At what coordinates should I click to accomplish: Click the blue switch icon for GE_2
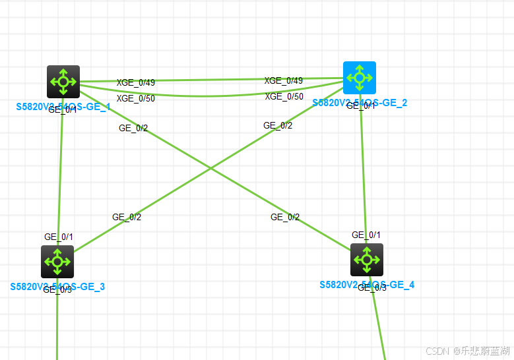click(360, 78)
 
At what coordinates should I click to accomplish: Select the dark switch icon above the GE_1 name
click(63, 82)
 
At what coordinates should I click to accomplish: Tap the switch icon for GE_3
click(57, 262)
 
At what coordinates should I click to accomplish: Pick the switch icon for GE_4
click(367, 260)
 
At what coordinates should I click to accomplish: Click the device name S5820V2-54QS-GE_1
click(63, 107)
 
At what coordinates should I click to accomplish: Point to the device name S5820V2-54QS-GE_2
click(360, 103)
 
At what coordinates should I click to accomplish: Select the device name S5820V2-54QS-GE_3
click(57, 287)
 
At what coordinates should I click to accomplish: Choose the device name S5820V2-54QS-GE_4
click(367, 285)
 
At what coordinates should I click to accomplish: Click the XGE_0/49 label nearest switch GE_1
click(136, 83)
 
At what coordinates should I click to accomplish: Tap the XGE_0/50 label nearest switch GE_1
click(136, 99)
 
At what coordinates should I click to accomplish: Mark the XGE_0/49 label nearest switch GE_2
click(284, 81)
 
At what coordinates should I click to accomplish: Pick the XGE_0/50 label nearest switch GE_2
click(284, 97)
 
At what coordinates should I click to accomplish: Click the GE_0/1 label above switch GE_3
click(59, 237)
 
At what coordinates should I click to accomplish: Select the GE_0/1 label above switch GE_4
click(366, 235)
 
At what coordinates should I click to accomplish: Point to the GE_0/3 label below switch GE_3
click(57, 289)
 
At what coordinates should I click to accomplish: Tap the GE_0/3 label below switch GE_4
click(372, 287)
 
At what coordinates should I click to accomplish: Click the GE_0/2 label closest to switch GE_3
click(127, 217)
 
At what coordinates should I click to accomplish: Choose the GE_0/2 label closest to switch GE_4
click(285, 217)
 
